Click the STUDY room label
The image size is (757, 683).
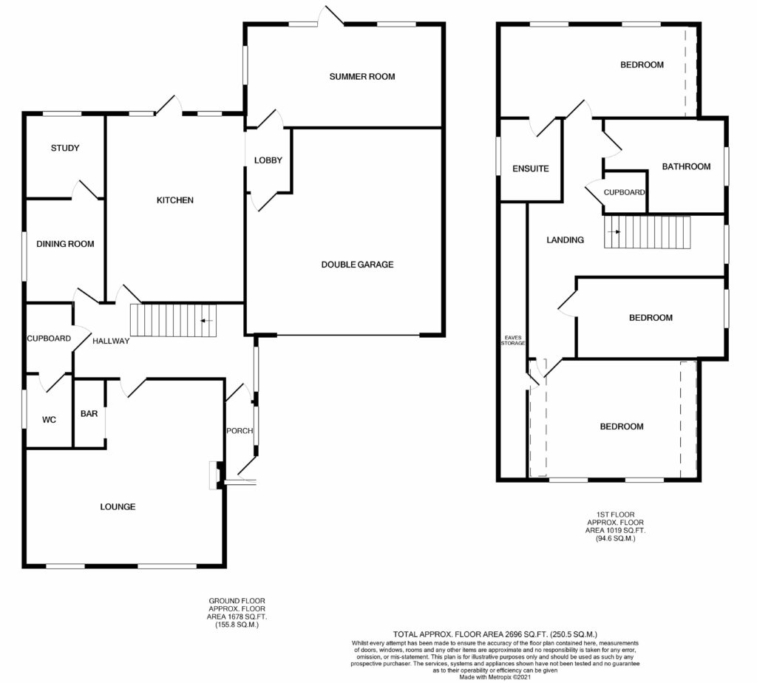pyautogui.click(x=65, y=148)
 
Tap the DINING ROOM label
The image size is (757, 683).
pyautogui.click(x=65, y=244)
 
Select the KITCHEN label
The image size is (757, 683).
pyautogui.click(x=174, y=200)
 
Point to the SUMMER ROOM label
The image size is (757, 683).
pyautogui.click(x=362, y=77)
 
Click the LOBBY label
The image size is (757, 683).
pyautogui.click(x=268, y=160)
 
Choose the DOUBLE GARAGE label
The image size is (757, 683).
pyautogui.click(x=357, y=265)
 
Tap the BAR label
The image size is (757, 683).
pyautogui.click(x=89, y=414)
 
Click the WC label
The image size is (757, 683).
pyautogui.click(x=49, y=420)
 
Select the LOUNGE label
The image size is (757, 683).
pyautogui.click(x=118, y=507)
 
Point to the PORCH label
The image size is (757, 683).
pyautogui.click(x=240, y=430)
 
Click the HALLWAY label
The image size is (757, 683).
pyautogui.click(x=111, y=341)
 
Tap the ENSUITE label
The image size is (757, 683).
pyautogui.click(x=531, y=169)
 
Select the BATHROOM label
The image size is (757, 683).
pyautogui.click(x=686, y=166)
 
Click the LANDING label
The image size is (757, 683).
pyautogui.click(x=565, y=240)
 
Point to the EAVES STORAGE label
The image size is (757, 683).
pyautogui.click(x=513, y=340)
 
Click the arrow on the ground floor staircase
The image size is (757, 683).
pyautogui.click(x=207, y=321)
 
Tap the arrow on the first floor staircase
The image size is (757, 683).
pyautogui.click(x=614, y=232)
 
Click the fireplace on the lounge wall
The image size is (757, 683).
pyautogui.click(x=215, y=475)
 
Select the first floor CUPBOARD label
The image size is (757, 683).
pyautogui.click(x=624, y=192)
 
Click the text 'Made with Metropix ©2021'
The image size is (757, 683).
pyautogui.click(x=495, y=677)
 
